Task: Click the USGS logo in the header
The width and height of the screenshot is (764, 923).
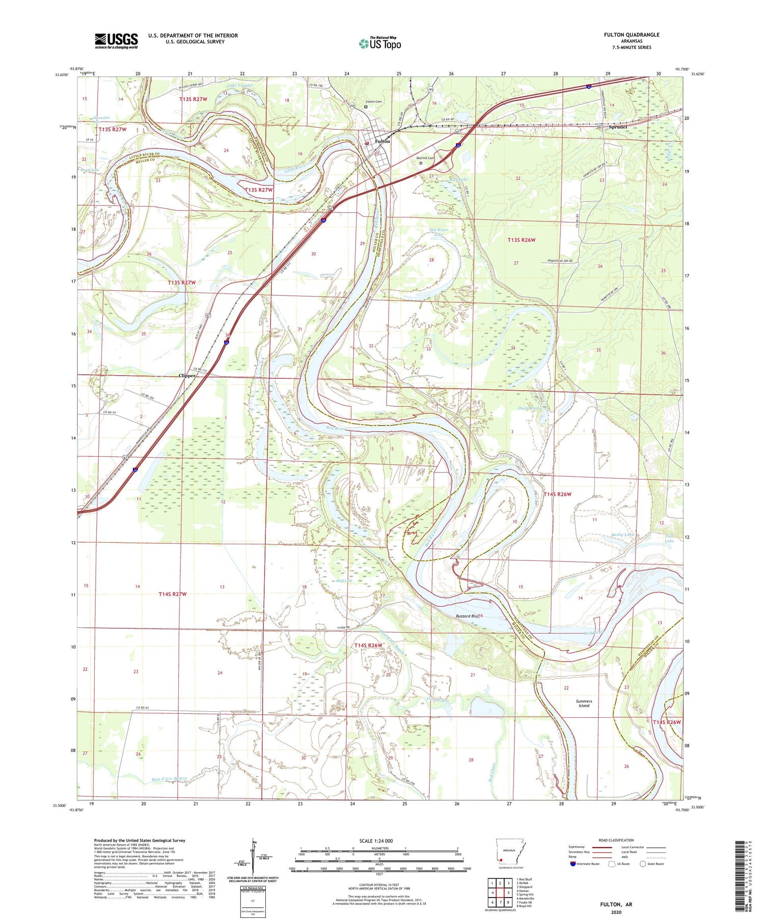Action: (116, 41)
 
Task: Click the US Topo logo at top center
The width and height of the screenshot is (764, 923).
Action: (379, 44)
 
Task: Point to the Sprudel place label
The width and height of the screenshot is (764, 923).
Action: (617, 127)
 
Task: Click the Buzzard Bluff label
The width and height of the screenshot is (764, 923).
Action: (467, 616)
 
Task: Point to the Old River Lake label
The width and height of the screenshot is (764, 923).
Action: (438, 232)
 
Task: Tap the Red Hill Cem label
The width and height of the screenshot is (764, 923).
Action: (425, 158)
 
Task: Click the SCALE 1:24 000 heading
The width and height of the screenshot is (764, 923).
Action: (376, 841)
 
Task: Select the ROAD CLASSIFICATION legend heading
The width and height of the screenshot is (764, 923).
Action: (616, 840)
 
